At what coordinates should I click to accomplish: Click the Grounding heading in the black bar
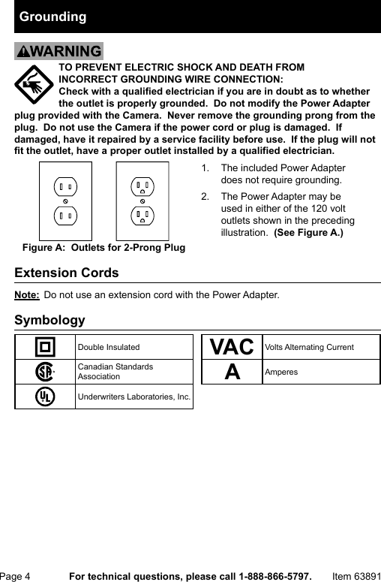(x=52, y=17)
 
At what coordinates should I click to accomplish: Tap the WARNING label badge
(x=58, y=52)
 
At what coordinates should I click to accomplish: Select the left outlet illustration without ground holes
(x=65, y=201)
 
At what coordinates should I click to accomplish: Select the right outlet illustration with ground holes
(x=142, y=201)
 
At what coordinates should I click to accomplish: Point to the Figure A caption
(x=104, y=247)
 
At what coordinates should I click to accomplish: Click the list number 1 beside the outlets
(x=205, y=168)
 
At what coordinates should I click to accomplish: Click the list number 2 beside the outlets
(x=205, y=196)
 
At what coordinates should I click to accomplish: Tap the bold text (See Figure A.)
(x=308, y=233)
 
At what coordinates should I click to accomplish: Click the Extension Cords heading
(x=67, y=273)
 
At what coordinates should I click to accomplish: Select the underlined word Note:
(x=27, y=294)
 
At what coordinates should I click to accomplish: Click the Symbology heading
(x=49, y=321)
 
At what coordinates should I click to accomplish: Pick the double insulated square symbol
(x=45, y=347)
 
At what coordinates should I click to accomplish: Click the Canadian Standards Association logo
(x=45, y=372)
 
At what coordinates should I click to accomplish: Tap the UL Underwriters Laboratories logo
(x=45, y=396)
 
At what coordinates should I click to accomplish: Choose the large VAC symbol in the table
(x=232, y=347)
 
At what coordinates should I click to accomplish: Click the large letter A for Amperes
(x=232, y=372)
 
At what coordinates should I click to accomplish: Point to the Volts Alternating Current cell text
(x=309, y=347)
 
